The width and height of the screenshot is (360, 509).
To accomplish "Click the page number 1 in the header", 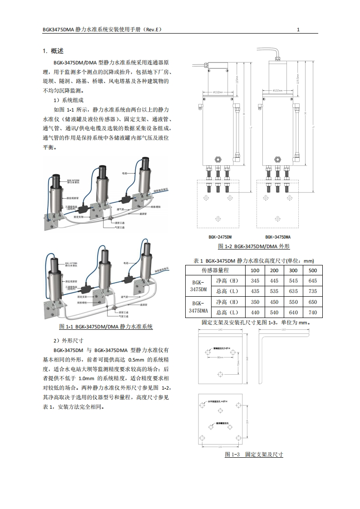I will [x=298, y=29].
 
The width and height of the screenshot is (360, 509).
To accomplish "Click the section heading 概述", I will [x=57, y=51].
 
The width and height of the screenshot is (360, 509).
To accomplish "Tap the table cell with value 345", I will [x=255, y=281].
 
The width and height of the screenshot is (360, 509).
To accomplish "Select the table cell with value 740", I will [x=313, y=312].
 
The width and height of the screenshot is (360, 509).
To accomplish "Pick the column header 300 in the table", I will [x=294, y=270].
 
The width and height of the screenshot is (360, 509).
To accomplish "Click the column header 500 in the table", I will [x=313, y=270].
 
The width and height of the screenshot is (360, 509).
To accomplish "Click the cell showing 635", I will [x=294, y=291].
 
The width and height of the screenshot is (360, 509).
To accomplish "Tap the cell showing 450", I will [x=274, y=302].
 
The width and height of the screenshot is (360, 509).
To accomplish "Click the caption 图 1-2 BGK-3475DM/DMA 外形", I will [x=254, y=246].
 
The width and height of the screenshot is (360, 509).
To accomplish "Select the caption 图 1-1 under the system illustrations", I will [x=106, y=326].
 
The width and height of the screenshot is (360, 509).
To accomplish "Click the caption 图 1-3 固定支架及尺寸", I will [x=254, y=454].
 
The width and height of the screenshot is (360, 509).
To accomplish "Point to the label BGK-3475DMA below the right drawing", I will [x=278, y=237].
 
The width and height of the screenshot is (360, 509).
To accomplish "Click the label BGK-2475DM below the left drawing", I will [x=220, y=237].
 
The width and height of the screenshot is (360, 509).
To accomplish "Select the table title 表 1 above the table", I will [x=254, y=260].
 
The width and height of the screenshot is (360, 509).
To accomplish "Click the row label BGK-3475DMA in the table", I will [x=197, y=307].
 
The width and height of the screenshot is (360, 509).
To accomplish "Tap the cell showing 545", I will [x=294, y=281].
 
